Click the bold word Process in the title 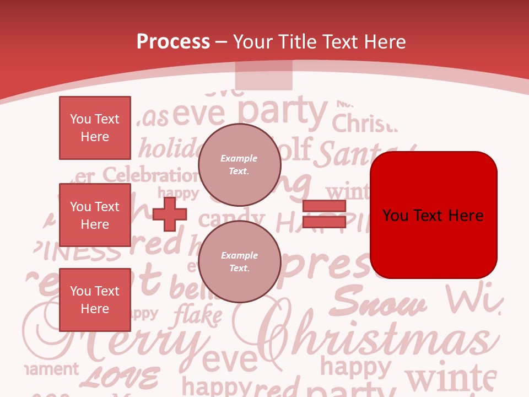tap(173, 42)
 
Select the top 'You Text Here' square tap(95, 128)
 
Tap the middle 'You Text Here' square tap(95, 215)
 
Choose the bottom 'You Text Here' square tap(95, 299)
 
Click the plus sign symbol tap(170, 214)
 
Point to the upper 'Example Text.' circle tap(239, 165)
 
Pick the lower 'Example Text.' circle tap(239, 262)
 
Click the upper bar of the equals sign tap(324, 206)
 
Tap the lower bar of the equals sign tap(324, 222)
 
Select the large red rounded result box tap(433, 215)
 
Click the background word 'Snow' tap(380, 303)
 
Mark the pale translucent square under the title tap(263, 76)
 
